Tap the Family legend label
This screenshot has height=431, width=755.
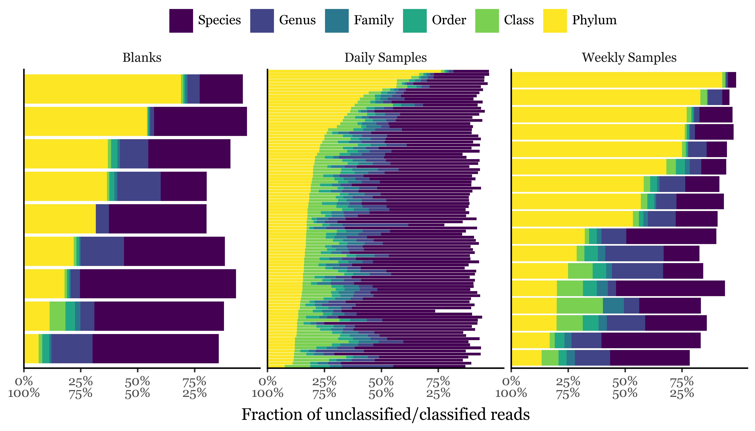(374, 20)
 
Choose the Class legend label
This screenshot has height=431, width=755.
(519, 20)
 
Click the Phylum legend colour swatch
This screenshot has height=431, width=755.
(555, 21)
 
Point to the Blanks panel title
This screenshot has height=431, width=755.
(142, 57)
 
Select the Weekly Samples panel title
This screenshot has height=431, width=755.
(629, 57)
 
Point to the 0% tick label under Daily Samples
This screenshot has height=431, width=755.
(267, 382)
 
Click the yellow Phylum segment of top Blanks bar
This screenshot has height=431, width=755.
(102, 89)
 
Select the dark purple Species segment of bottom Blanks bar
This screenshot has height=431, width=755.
(155, 348)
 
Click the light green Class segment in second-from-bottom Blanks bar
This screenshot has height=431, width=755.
(57, 316)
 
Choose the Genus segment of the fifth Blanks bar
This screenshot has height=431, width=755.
(102, 219)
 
